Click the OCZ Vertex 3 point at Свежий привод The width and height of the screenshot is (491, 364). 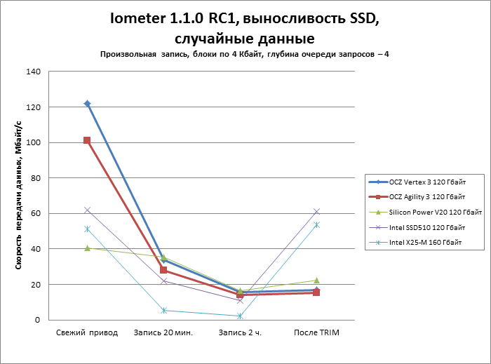tap(87, 103)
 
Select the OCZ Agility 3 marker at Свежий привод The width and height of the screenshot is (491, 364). tap(87, 140)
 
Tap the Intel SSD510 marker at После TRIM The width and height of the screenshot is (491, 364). tap(316, 211)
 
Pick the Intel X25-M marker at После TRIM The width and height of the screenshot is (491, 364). tap(316, 224)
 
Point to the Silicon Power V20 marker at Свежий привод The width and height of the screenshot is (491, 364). tap(87, 248)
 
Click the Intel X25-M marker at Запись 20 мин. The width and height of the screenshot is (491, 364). tap(163, 310)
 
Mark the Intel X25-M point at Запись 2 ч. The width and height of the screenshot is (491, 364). tap(240, 316)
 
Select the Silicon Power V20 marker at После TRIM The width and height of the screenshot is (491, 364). tap(316, 281)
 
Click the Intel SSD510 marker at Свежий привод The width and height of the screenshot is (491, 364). tap(87, 210)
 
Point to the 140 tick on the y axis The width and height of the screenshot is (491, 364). tap(34, 72)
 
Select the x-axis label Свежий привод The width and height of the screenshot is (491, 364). tap(87, 332)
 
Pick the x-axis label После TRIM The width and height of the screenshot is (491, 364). tap(316, 332)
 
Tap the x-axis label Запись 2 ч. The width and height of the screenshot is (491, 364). tap(240, 332)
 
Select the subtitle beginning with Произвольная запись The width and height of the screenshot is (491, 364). tap(245, 54)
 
